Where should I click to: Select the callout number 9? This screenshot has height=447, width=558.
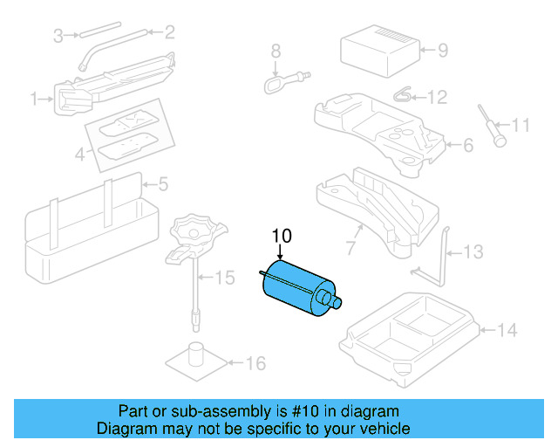[442, 50]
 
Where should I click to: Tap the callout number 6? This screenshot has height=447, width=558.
[467, 144]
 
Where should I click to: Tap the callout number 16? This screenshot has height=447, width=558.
[255, 363]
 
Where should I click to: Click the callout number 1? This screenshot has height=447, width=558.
[36, 100]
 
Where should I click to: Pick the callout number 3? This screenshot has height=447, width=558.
[58, 35]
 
